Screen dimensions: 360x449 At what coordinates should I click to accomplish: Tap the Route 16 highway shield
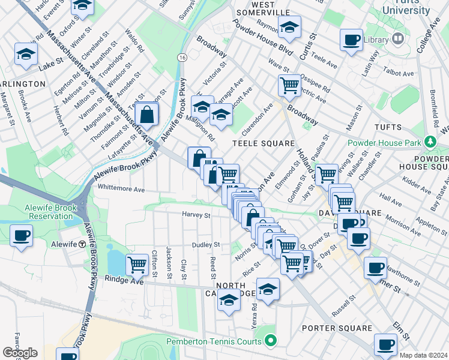[181, 56]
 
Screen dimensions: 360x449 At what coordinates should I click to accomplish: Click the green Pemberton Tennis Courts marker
[270, 341]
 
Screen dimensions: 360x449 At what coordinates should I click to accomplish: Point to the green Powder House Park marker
[430, 142]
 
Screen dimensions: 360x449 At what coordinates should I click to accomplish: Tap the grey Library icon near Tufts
[397, 40]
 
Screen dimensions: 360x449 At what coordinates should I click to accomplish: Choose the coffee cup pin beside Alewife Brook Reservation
[21, 236]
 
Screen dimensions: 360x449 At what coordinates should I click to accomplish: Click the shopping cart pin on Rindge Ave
[137, 263]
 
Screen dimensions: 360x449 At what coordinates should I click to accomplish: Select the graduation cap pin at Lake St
[26, 55]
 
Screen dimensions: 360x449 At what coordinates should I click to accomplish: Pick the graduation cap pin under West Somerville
[289, 28]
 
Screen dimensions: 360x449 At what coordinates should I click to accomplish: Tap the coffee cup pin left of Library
[351, 40]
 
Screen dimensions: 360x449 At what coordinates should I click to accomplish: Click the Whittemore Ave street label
[121, 189]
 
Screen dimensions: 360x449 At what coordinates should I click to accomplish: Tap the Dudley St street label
[206, 245]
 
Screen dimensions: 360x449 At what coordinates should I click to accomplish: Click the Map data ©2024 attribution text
[423, 355]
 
